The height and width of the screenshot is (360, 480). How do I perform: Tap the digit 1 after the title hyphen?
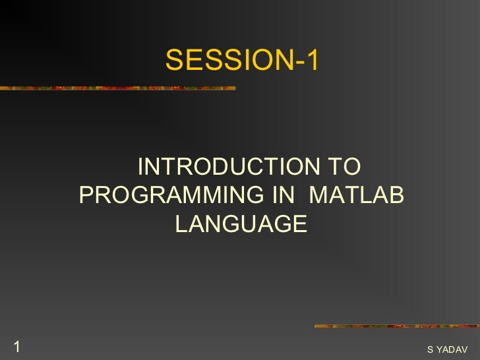pyautogui.click(x=312, y=61)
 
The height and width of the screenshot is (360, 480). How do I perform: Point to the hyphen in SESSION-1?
pyautogui.click(x=299, y=62)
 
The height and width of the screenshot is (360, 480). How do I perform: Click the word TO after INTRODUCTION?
pyautogui.click(x=343, y=167)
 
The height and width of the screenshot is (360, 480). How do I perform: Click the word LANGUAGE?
pyautogui.click(x=241, y=224)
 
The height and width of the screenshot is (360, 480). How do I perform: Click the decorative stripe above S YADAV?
pyautogui.click(x=396, y=326)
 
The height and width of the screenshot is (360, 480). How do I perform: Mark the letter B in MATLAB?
pyautogui.click(x=396, y=196)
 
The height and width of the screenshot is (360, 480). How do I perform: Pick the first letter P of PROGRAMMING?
pyautogui.click(x=86, y=196)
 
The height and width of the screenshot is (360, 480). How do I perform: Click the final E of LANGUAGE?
pyautogui.click(x=299, y=224)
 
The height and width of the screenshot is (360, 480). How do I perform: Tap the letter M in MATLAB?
pyautogui.click(x=319, y=196)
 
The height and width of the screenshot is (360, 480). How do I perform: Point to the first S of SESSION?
pyautogui.click(x=173, y=61)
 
